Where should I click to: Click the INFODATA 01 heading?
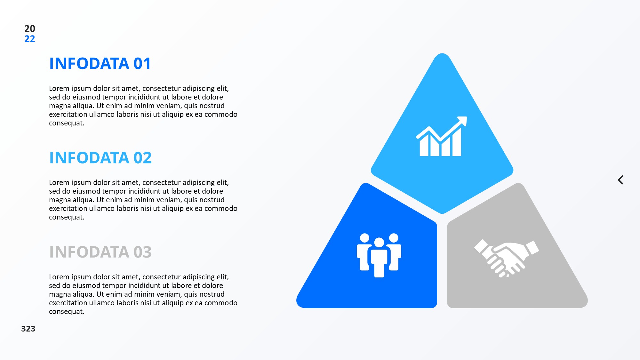(x=100, y=63)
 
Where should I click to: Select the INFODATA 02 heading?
(x=100, y=158)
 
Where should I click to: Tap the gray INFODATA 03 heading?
(x=100, y=252)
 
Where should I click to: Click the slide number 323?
(x=28, y=329)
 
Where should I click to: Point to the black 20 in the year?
(x=30, y=28)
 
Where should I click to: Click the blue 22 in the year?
(x=30, y=39)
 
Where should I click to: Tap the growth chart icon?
(x=442, y=136)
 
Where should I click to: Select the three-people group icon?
(x=379, y=255)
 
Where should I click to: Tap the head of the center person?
(x=379, y=243)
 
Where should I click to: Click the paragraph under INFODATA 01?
(x=143, y=106)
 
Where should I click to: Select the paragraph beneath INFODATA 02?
(x=143, y=200)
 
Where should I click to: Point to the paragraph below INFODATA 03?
(x=143, y=294)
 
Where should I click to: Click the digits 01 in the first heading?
(x=142, y=63)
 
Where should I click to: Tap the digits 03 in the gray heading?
(x=143, y=252)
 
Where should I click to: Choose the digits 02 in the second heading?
(x=143, y=158)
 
